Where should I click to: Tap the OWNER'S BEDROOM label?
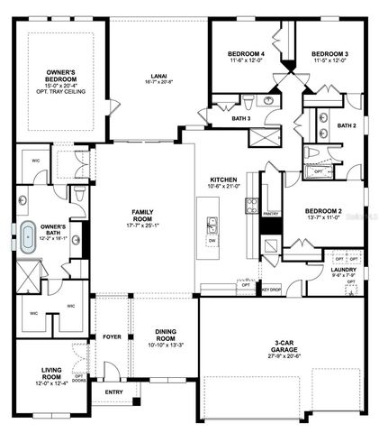[60, 76]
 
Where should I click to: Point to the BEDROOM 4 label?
[247, 55]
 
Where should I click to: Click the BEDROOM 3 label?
[329, 55]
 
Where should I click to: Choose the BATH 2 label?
[347, 125]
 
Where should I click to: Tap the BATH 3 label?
[241, 118]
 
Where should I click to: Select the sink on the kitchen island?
[212, 224]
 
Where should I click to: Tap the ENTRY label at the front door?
[113, 392]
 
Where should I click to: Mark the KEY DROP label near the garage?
[271, 289]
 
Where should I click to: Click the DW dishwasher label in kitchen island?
[212, 241]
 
